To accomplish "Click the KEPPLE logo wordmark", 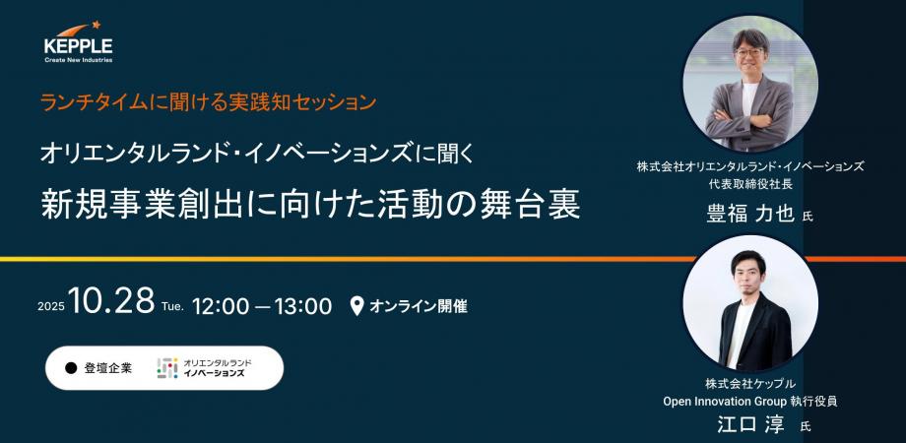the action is point(79,46).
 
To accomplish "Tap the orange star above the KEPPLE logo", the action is point(96,25).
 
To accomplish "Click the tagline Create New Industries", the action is point(79,60).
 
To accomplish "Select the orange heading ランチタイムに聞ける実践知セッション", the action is point(209,102).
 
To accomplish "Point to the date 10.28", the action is point(111,300).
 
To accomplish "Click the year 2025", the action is point(51,307).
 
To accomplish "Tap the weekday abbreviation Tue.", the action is point(172,307).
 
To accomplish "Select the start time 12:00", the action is point(221,306).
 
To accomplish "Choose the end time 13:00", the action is point(303,306).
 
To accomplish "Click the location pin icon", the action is point(357,305).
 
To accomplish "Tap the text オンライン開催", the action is point(419,306).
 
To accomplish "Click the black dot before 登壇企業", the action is point(71,368).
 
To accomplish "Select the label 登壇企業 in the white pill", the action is point(108,368).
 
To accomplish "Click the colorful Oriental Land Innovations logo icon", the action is point(167,368).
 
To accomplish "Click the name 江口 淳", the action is point(750,424).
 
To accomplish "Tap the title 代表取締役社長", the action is point(750,185).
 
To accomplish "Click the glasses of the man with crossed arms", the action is point(749,52).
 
